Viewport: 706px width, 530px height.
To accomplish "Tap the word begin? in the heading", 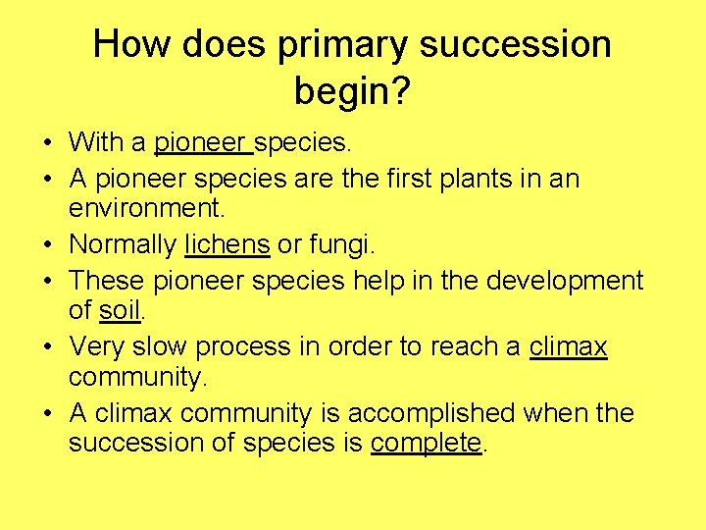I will [x=352, y=93].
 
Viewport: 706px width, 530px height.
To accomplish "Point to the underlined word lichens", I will [x=227, y=243].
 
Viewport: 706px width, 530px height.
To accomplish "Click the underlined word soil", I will [x=121, y=311].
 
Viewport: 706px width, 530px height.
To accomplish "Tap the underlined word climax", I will [x=568, y=346].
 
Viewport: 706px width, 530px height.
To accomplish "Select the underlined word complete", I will [x=426, y=443].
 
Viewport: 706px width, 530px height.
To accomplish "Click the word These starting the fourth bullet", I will [x=107, y=281].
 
